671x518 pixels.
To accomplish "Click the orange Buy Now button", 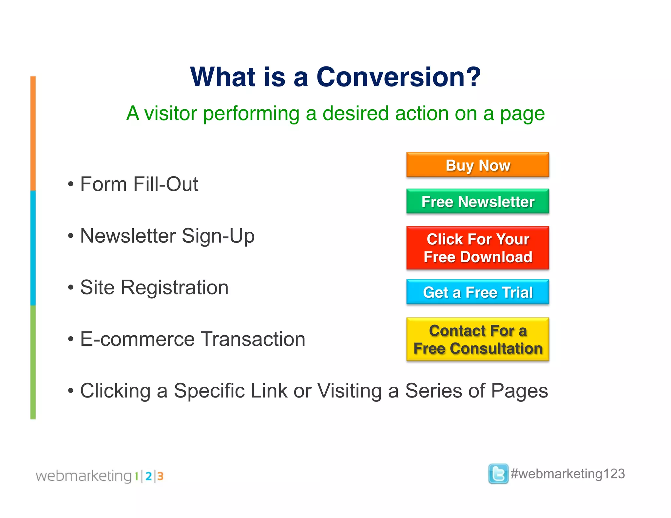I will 478,165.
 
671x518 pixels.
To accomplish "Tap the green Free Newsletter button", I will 478,201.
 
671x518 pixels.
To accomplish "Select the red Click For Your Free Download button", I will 478,248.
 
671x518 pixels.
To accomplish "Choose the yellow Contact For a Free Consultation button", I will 478,340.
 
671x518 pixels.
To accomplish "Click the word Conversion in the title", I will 388,77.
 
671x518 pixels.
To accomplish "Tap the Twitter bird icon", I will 498,473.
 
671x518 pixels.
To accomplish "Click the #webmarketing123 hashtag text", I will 568,474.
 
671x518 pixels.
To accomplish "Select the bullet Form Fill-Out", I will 139,184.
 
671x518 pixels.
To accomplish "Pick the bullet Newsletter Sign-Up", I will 167,236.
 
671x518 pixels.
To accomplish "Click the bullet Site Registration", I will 154,287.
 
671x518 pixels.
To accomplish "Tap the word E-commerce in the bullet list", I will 138,339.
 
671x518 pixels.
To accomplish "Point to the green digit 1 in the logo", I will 136,476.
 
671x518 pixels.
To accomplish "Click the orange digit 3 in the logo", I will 160,476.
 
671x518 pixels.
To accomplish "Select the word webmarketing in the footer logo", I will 84,476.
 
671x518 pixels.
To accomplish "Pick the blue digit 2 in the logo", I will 148,476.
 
